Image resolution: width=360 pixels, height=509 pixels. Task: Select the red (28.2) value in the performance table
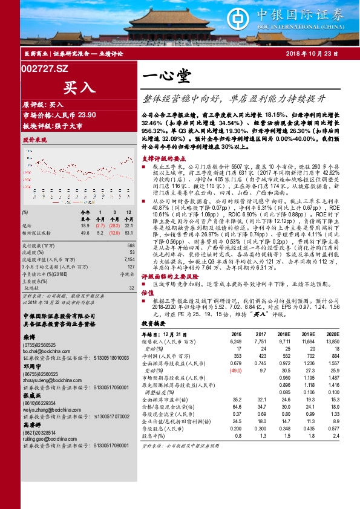113,225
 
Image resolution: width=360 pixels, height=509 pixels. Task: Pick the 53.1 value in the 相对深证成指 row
128,232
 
